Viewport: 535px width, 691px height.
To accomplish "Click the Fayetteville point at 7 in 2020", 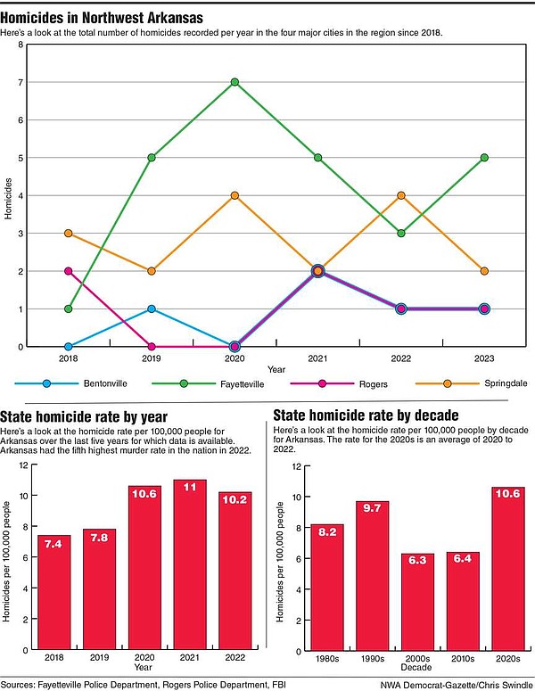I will coord(235,82).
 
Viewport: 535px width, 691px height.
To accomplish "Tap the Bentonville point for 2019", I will coord(152,308).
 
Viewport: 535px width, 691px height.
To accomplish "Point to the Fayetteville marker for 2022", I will coord(401,233).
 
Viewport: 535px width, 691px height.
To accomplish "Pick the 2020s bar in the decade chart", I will coord(507,566).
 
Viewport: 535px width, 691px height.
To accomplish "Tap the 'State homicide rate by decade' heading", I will coord(366,415).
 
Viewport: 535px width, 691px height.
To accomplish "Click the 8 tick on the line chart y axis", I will coord(21,45).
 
